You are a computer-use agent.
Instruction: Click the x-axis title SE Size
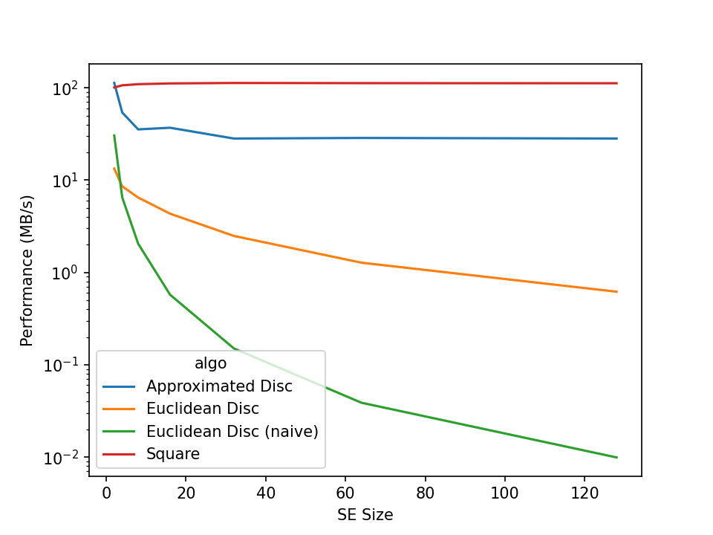(365, 514)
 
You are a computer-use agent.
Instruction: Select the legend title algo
(210, 364)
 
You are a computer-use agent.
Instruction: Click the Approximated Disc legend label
(219, 386)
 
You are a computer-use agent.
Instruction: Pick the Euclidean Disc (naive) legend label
(232, 431)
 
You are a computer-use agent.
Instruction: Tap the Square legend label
(173, 453)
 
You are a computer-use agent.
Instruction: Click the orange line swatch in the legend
(119, 409)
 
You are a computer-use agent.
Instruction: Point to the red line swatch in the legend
(119, 453)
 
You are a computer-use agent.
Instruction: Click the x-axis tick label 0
(105, 492)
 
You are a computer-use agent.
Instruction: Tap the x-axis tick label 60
(345, 492)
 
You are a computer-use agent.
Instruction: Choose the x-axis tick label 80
(425, 492)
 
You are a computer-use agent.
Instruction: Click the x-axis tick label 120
(584, 492)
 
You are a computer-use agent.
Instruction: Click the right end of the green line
(616, 457)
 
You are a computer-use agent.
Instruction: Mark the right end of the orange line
(616, 291)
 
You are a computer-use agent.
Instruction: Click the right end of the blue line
(616, 138)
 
